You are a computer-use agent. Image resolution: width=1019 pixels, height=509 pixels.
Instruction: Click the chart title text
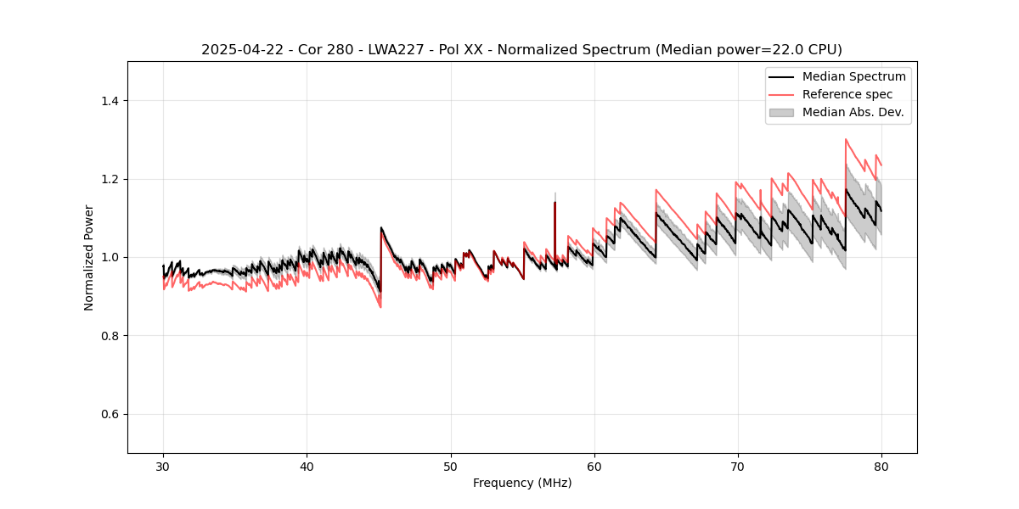pos(521,50)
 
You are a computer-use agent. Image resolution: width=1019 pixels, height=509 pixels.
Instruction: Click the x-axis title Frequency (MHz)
pos(522,483)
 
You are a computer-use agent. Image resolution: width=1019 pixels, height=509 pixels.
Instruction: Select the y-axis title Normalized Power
pos(89,257)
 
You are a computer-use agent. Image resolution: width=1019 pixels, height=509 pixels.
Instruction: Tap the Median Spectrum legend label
pos(853,76)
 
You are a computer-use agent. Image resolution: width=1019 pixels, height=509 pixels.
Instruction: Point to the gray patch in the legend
pos(781,112)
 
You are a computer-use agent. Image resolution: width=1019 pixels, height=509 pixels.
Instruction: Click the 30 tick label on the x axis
pos(163,466)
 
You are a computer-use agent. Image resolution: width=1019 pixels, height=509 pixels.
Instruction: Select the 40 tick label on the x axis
pos(307,466)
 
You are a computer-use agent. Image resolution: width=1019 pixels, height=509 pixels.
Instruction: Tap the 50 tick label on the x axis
pos(451,466)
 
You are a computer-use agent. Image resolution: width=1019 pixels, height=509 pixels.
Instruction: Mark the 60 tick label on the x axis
pos(594,466)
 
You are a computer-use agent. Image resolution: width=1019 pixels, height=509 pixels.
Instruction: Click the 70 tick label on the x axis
pos(738,466)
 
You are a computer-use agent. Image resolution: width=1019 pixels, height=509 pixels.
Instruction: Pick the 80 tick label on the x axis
pos(881,466)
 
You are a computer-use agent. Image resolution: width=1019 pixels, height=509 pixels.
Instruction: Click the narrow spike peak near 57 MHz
pos(555,202)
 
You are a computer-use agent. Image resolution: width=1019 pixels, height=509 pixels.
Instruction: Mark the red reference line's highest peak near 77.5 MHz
pos(846,140)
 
